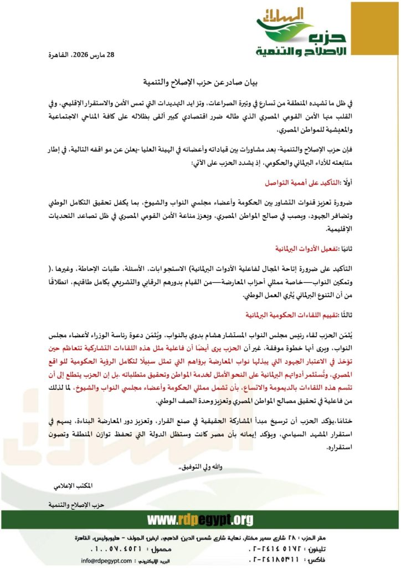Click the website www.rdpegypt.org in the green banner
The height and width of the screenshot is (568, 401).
pos(200,520)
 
